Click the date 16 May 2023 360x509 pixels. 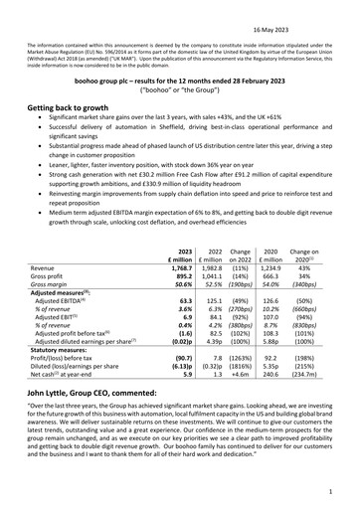[323, 7]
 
